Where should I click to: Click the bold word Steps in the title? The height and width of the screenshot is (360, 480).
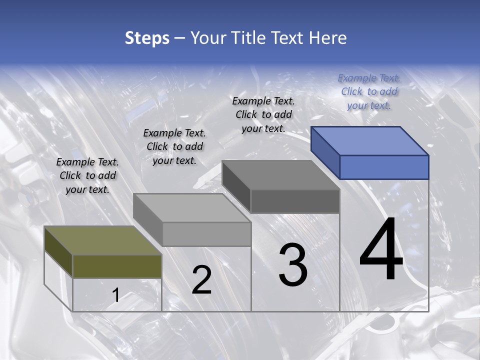(147, 38)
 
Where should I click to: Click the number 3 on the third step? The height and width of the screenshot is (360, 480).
(293, 265)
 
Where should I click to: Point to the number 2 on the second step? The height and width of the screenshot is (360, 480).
(201, 280)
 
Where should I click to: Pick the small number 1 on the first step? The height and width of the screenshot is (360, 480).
(115, 295)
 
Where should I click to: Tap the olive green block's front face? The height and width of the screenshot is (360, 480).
(117, 266)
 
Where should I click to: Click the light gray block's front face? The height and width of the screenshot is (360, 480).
(206, 234)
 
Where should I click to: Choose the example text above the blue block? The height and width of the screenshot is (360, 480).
(369, 91)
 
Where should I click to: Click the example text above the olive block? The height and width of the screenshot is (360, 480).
(87, 175)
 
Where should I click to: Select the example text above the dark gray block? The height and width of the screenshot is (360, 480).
(263, 114)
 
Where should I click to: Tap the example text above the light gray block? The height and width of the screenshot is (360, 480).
(174, 146)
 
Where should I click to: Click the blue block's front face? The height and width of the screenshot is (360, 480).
(384, 167)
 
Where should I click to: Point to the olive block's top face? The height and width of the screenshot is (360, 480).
(102, 240)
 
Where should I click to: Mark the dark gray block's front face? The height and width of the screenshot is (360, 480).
(295, 201)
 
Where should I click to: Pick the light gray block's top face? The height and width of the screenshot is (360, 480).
(192, 207)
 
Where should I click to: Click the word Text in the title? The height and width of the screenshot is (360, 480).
(285, 38)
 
